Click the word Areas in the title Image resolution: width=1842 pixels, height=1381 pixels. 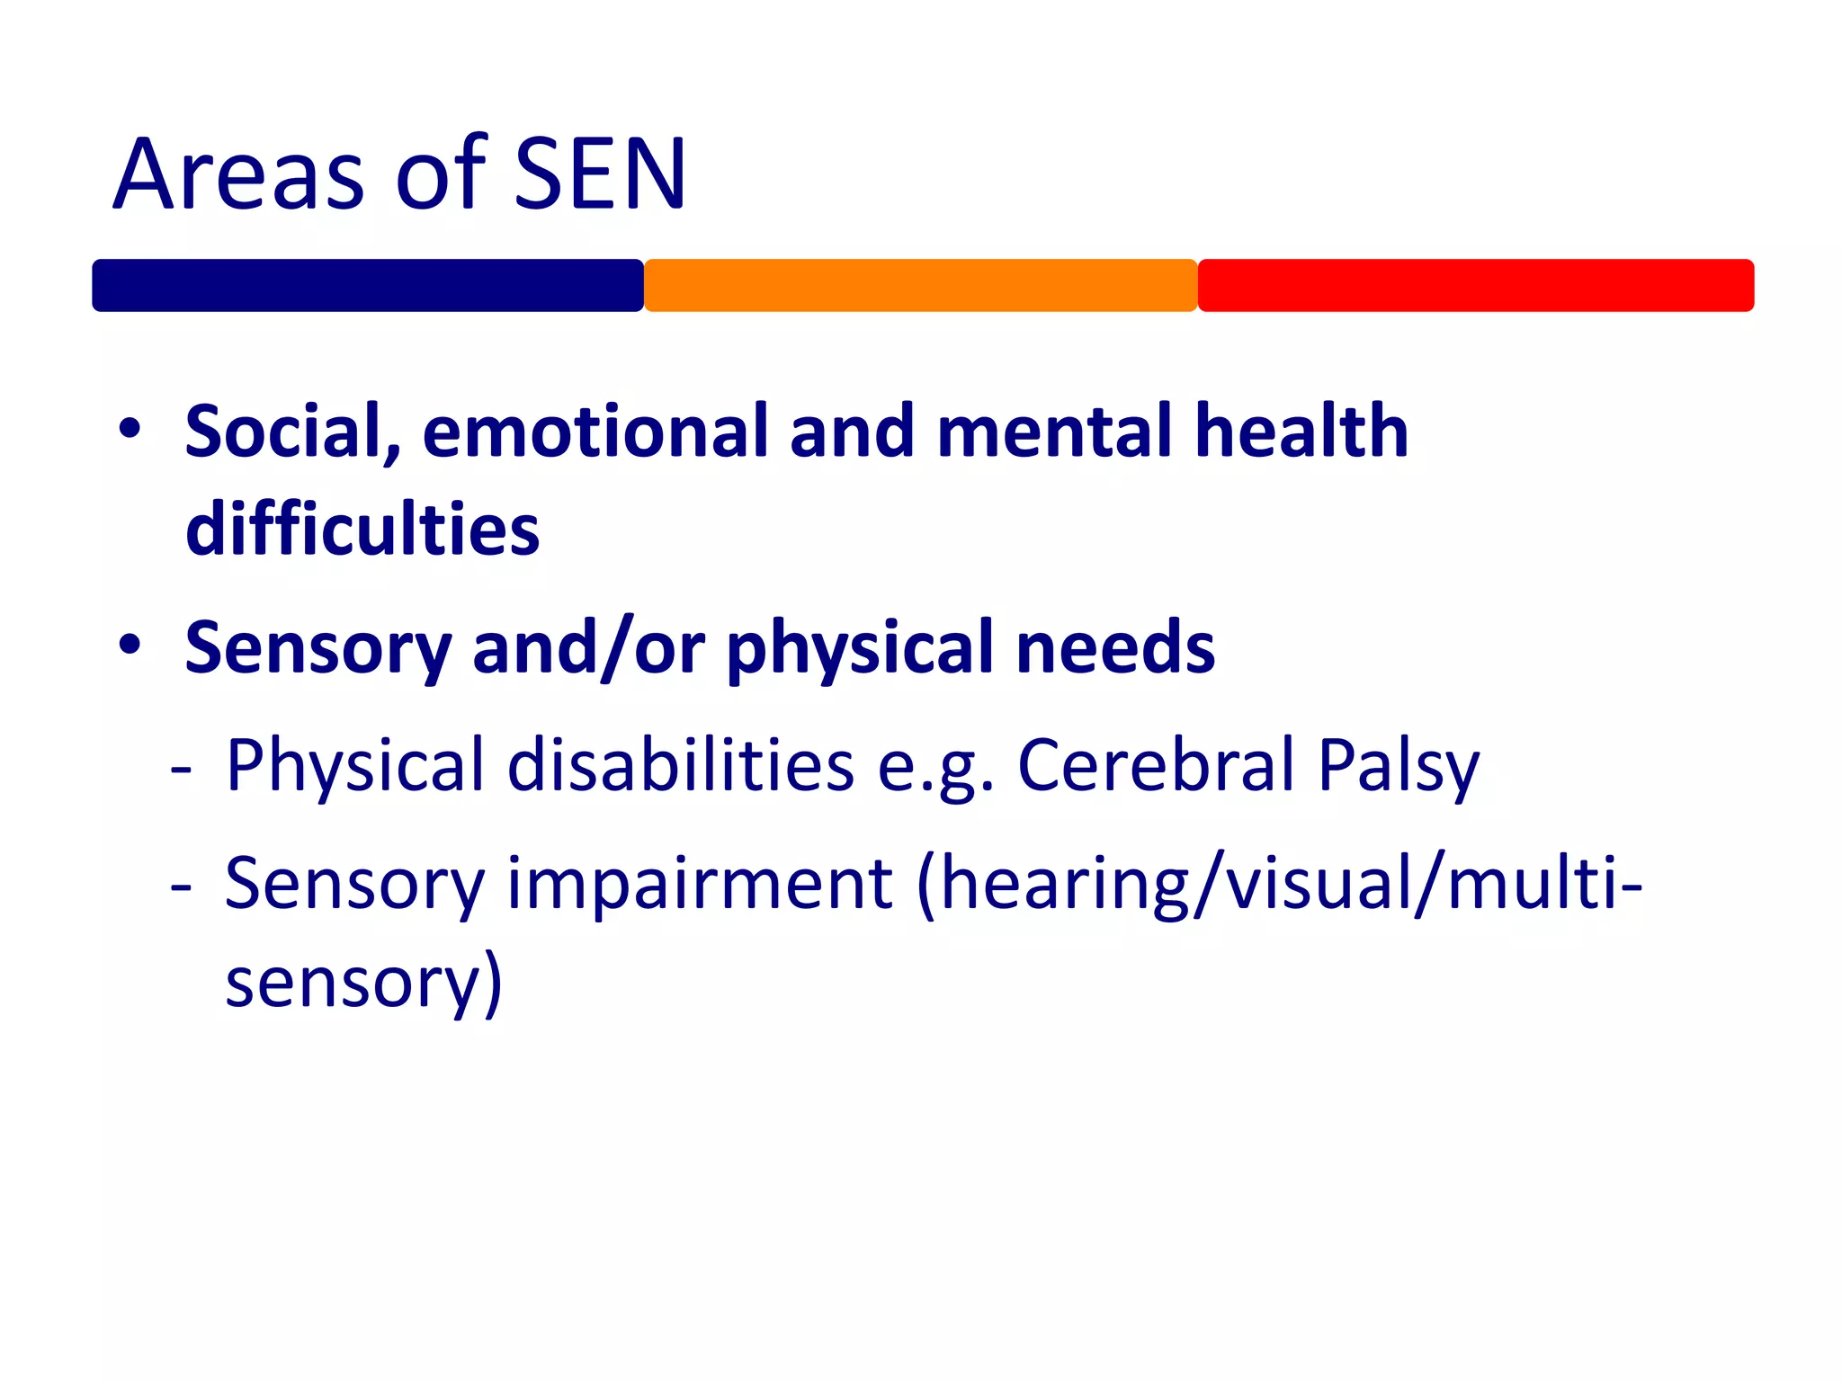point(239,174)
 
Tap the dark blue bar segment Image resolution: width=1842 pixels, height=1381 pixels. point(368,286)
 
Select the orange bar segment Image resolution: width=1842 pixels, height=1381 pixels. point(920,286)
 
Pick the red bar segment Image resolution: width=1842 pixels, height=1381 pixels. point(1475,286)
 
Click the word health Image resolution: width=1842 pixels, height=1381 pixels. point(1301,432)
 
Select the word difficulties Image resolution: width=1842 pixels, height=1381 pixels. point(362,530)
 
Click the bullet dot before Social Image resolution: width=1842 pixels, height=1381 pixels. point(130,429)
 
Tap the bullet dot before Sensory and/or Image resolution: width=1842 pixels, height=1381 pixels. point(130,645)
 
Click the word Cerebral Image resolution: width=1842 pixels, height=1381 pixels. point(1157,766)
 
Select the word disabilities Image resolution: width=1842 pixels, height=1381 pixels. point(681,766)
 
